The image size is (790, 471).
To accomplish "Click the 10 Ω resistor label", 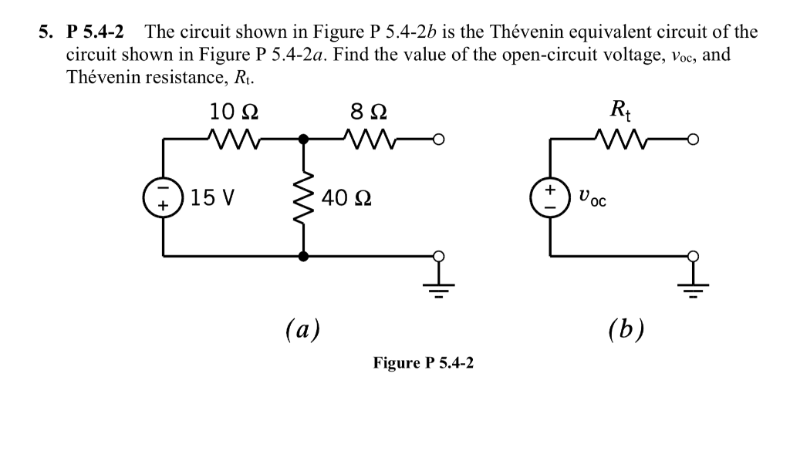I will [x=234, y=112].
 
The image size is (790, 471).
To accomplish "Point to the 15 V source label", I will [x=213, y=198].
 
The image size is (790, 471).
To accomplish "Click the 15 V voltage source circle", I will [x=163, y=198].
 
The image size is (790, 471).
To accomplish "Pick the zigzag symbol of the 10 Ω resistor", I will [x=234, y=140].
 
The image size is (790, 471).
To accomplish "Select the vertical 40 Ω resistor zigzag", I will [x=303, y=198].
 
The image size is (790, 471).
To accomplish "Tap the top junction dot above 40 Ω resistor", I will [x=303, y=140].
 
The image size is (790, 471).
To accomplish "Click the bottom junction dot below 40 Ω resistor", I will [x=303, y=256].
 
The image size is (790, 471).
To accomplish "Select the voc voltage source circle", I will [x=549, y=198].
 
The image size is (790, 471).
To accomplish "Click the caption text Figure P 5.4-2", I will [x=423, y=362].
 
